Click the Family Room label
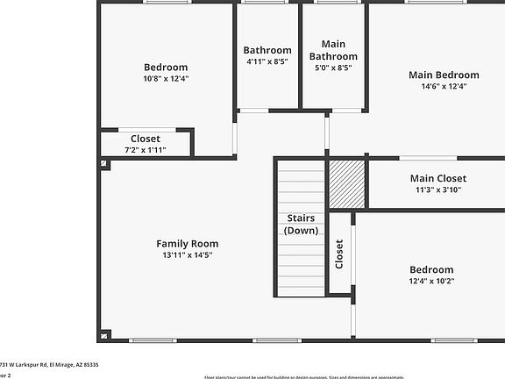pyautogui.click(x=187, y=244)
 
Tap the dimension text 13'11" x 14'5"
pyautogui.click(x=187, y=255)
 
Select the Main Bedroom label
pyautogui.click(x=444, y=75)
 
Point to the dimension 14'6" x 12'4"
pyautogui.click(x=444, y=86)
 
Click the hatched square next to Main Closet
pyautogui.click(x=346, y=183)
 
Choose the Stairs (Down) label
pyautogui.click(x=301, y=224)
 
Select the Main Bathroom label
pyautogui.click(x=333, y=50)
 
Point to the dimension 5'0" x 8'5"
pyautogui.click(x=333, y=68)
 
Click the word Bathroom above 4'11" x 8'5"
pyautogui.click(x=267, y=50)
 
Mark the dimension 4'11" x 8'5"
pyautogui.click(x=267, y=61)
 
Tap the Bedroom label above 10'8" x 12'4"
pyautogui.click(x=166, y=67)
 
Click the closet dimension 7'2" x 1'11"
pyautogui.click(x=146, y=150)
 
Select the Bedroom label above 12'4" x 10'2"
pyautogui.click(x=431, y=269)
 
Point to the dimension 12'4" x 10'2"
pyautogui.click(x=431, y=281)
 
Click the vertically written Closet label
pyautogui.click(x=340, y=254)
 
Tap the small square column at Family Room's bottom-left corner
pyautogui.click(x=105, y=334)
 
